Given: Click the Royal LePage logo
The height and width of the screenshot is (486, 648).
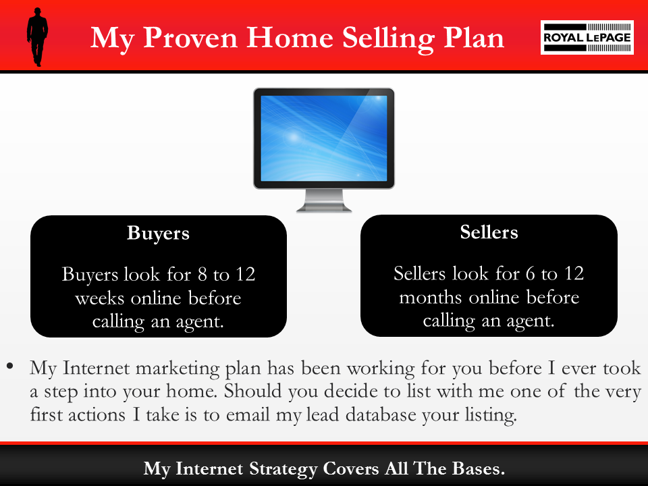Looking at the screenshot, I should [x=587, y=37].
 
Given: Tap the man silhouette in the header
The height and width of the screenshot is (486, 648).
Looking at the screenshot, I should [x=36, y=38].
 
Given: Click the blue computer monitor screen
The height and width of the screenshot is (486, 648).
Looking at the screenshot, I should [x=324, y=138].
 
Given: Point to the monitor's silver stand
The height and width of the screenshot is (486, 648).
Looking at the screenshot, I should [x=324, y=201].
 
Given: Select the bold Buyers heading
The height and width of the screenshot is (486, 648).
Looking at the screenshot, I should [x=158, y=234].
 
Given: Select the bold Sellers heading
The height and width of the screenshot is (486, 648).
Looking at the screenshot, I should [x=489, y=233].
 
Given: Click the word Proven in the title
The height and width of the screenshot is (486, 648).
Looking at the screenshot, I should [x=189, y=38].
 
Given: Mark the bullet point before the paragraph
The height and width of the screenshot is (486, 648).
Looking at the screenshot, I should [x=10, y=367].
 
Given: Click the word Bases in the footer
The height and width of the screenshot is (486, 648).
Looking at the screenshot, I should [x=473, y=468].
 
